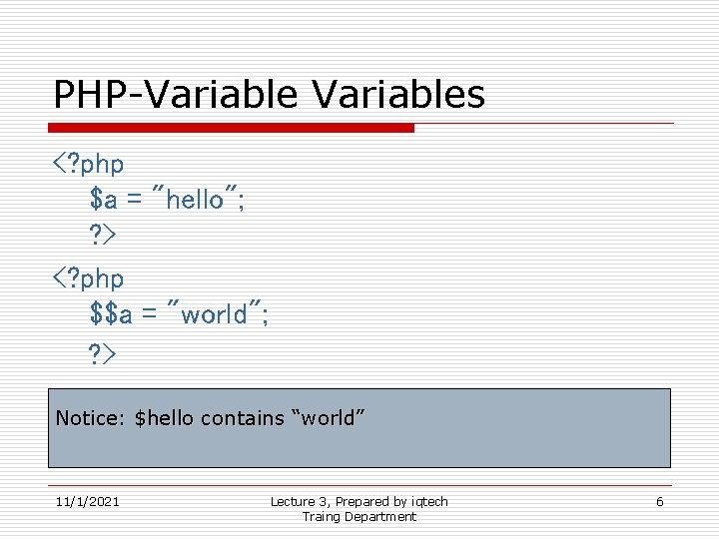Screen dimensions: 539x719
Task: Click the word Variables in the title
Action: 398,95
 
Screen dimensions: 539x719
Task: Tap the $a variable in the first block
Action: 103,200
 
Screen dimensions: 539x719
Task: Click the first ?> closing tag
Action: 102,237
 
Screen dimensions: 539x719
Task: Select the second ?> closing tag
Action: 102,352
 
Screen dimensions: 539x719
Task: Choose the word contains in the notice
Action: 242,418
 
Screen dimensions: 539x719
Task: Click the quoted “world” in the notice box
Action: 323,418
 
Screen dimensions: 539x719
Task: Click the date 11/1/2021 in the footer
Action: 87,501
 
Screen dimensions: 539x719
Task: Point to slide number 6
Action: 659,501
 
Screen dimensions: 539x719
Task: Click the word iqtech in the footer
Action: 429,501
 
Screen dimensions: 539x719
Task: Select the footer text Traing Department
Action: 359,516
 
